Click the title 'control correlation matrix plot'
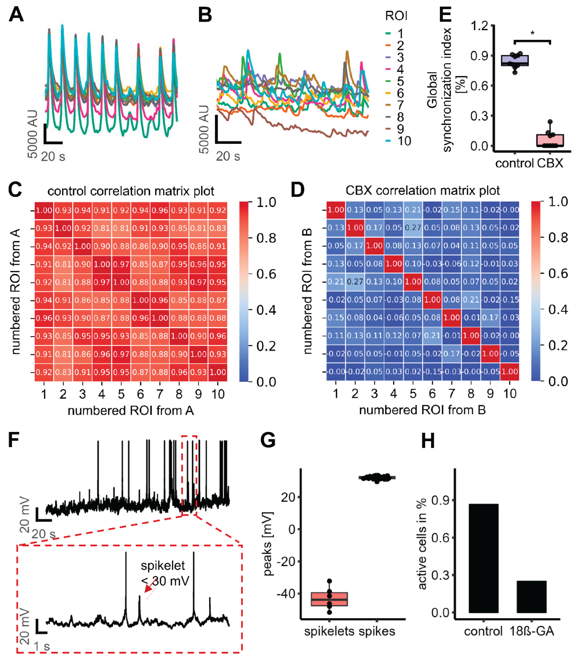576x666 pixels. (x=131, y=191)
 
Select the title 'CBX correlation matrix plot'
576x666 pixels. (x=422, y=191)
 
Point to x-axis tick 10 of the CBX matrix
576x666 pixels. (x=510, y=393)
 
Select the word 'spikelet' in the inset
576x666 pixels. (x=163, y=566)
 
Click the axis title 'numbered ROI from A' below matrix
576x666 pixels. (x=131, y=411)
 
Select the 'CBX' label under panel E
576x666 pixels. (x=550, y=163)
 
